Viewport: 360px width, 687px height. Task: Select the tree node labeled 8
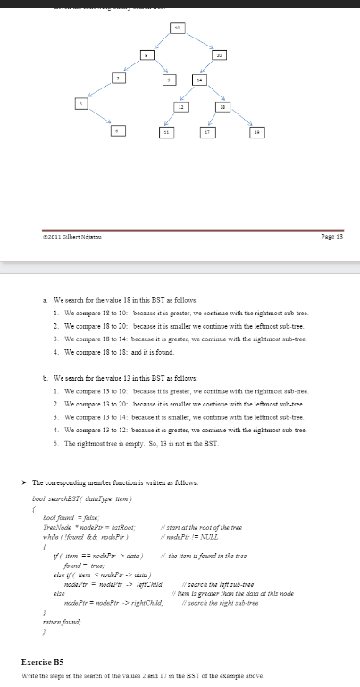[146, 55]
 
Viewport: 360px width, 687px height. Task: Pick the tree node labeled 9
[169, 80]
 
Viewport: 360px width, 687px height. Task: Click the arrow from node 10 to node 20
[198, 41]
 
